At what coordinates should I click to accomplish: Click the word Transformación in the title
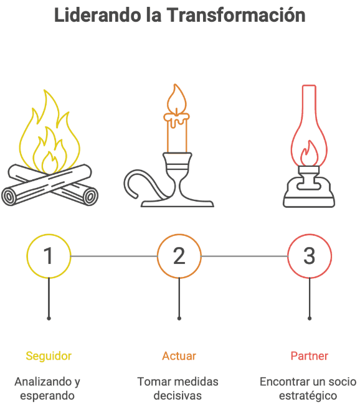click(x=235, y=15)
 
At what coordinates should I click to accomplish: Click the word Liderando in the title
click(x=97, y=15)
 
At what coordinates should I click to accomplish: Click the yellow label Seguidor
click(x=49, y=356)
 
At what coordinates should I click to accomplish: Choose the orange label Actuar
click(x=179, y=356)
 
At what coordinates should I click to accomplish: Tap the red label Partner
click(x=310, y=356)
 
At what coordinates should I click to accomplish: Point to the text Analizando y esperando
click(x=47, y=388)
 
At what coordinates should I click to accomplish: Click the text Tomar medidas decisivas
click(x=178, y=388)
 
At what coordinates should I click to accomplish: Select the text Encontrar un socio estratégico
click(x=308, y=388)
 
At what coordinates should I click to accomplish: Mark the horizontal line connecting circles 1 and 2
click(x=114, y=256)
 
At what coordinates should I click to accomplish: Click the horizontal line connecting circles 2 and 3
click(x=244, y=256)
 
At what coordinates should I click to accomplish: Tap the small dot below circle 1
click(x=49, y=318)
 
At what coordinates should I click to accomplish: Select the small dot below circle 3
click(x=310, y=318)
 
